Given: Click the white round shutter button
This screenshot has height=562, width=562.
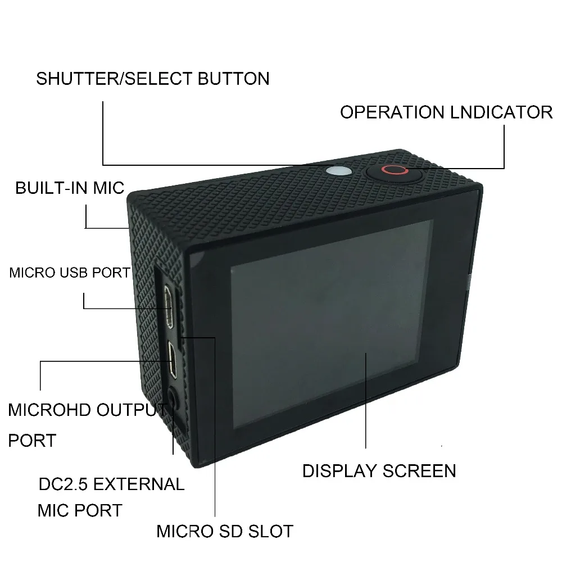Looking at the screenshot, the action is point(339,171).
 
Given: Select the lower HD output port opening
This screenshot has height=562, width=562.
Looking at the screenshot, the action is point(173,360).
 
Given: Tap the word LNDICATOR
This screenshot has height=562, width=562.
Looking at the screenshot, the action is point(501,112).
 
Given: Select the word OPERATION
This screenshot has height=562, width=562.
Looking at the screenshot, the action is point(392,112).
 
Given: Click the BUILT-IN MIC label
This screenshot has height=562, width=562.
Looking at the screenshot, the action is point(70,188).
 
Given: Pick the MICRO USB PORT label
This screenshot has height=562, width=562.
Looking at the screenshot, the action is point(70,273).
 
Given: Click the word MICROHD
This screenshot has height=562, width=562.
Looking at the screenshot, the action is point(49,410).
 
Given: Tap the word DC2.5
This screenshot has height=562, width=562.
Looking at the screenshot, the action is point(63,484).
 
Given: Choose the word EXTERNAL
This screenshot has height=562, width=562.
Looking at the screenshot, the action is point(139,484).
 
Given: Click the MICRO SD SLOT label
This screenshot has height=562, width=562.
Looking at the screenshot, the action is point(225,531).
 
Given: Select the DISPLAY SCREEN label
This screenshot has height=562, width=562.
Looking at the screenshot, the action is point(379,471).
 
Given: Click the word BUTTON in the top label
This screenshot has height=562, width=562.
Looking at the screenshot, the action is point(234,79).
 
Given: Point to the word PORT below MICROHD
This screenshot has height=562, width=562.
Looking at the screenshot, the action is point(32,441).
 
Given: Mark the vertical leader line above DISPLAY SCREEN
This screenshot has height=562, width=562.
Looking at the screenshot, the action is point(366,400).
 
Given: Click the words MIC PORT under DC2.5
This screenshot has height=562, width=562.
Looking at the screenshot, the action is point(80,510).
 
